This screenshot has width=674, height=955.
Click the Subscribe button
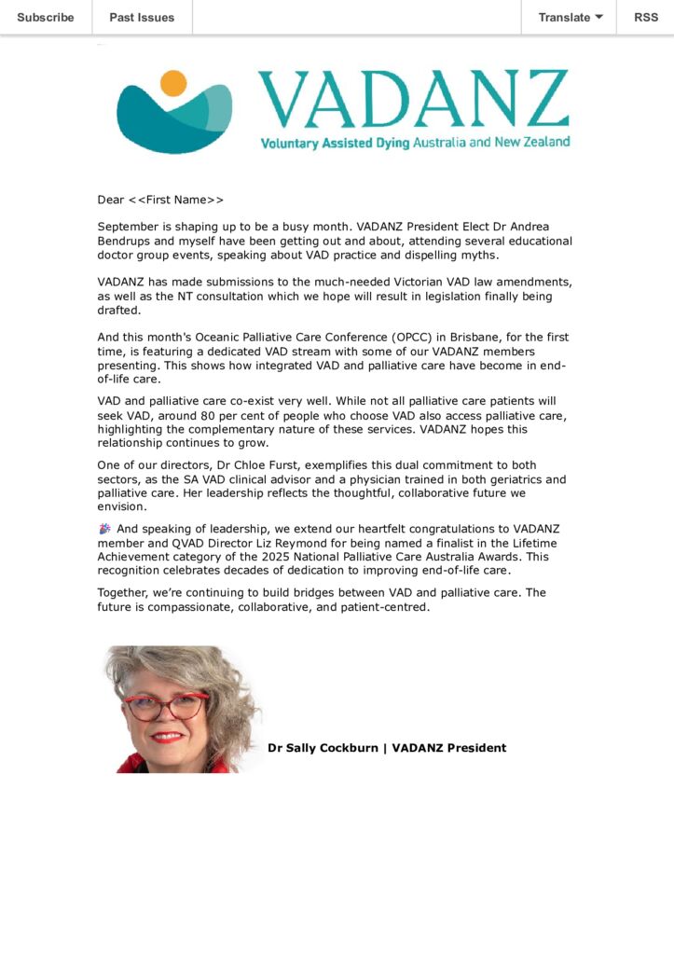[x=46, y=17]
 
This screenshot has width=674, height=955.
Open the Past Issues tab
[x=142, y=17]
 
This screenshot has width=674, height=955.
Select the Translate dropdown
[x=570, y=17]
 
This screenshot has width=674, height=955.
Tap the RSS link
[x=646, y=17]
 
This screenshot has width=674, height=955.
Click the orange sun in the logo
[x=173, y=83]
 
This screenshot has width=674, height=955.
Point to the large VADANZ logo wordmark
[x=412, y=100]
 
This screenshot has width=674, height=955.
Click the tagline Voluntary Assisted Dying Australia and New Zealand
[x=415, y=143]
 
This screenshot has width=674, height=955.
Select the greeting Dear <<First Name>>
[x=160, y=200]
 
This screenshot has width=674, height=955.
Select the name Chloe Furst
[x=296, y=465]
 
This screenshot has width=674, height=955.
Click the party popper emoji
[x=104, y=529]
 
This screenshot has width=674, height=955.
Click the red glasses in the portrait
[x=166, y=706]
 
